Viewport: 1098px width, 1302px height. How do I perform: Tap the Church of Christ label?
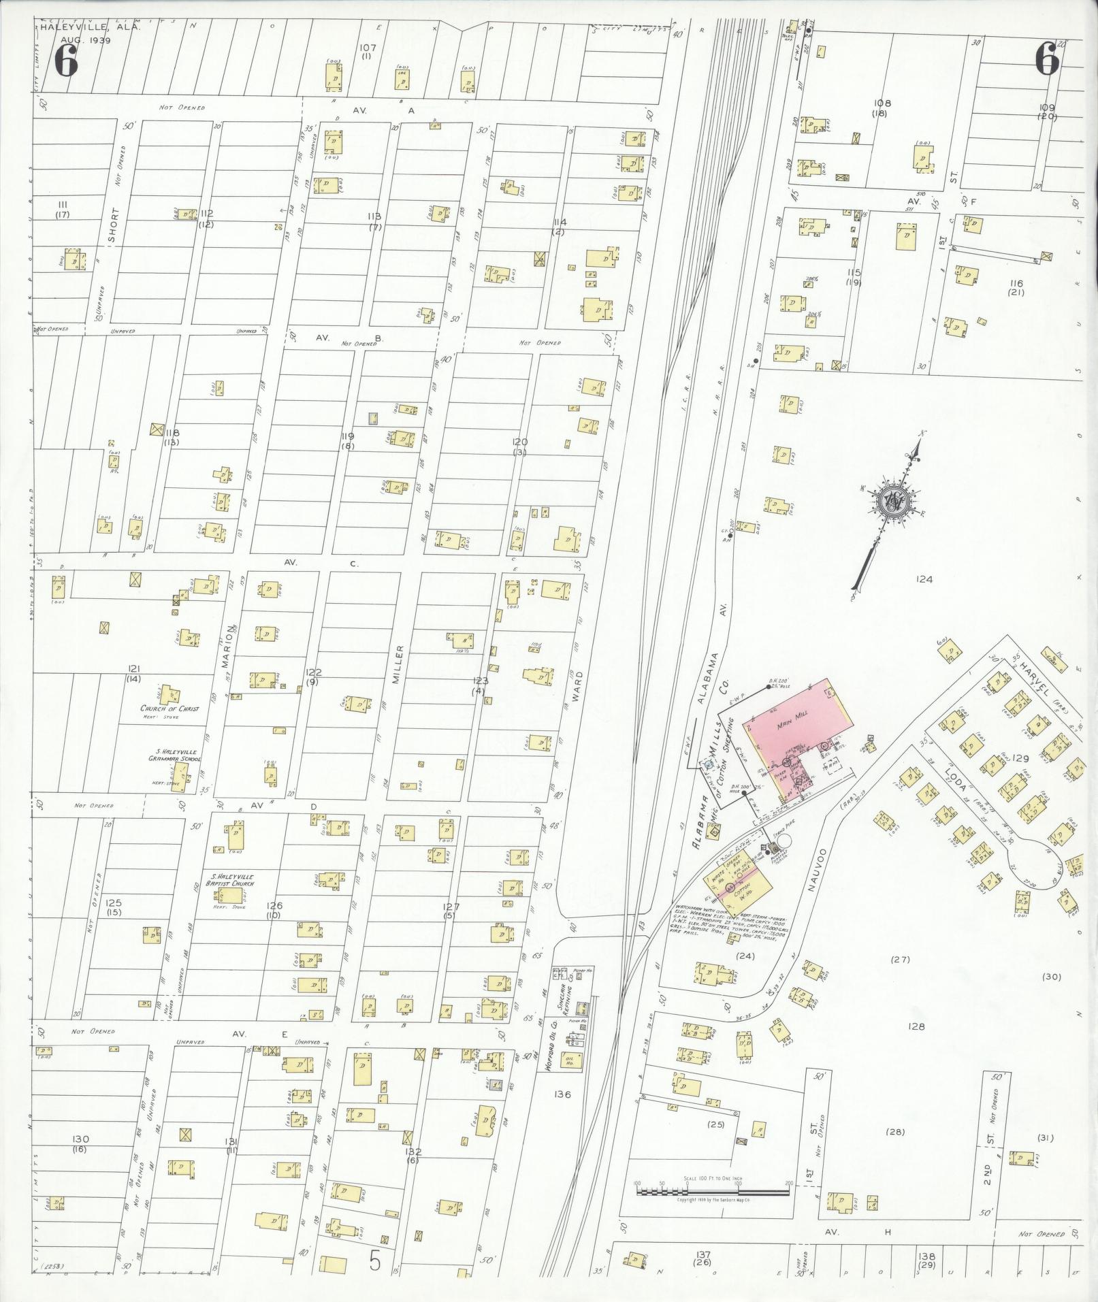(x=169, y=709)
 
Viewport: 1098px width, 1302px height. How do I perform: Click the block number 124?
(x=923, y=580)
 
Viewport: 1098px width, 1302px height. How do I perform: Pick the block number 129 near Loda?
(x=1020, y=758)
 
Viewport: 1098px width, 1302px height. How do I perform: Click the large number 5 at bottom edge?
(x=375, y=1261)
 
